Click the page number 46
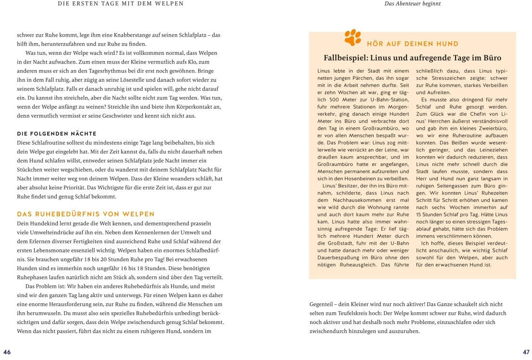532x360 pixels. tap(7, 352)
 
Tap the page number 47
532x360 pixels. tap(526, 352)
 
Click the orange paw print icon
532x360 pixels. tap(353, 38)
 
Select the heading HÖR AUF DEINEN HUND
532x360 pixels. tap(412, 44)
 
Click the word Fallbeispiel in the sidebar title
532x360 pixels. tap(345, 58)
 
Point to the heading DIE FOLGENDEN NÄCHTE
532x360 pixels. tap(57, 134)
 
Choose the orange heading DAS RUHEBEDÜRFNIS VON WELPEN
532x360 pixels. tap(86, 214)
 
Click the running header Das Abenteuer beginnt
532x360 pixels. tap(413, 4)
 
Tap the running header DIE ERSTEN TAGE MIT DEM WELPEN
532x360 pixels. tap(120, 4)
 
